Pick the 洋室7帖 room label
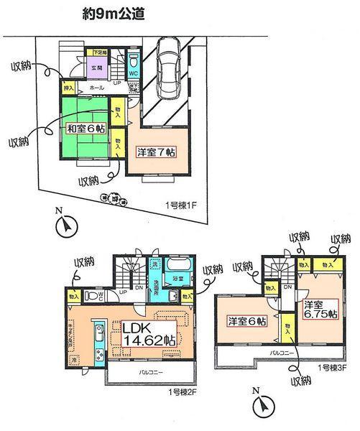click(x=157, y=152)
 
